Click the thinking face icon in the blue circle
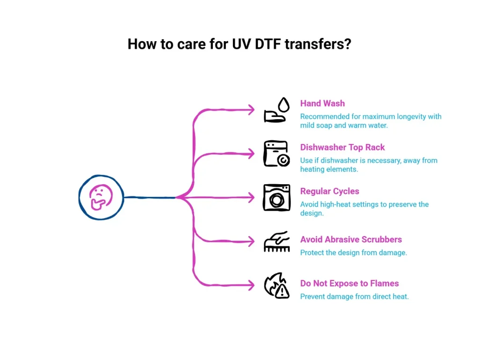pyautogui.click(x=101, y=197)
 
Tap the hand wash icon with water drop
pyautogui.click(x=276, y=110)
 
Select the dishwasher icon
pyautogui.click(x=276, y=154)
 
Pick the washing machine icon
pyautogui.click(x=276, y=197)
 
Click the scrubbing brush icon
pyautogui.click(x=276, y=241)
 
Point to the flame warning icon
pyautogui.click(x=276, y=285)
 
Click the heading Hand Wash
pyautogui.click(x=322, y=103)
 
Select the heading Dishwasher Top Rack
pyautogui.click(x=342, y=147)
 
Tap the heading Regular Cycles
pyautogui.click(x=330, y=191)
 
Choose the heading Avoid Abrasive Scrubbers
pyautogui.click(x=351, y=239)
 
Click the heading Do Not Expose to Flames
pyautogui.click(x=349, y=283)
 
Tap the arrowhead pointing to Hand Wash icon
pyautogui.click(x=251, y=110)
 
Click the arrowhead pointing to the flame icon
pyautogui.click(x=251, y=285)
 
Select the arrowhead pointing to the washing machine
pyautogui.click(x=251, y=198)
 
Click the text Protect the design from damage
pyautogui.click(x=353, y=252)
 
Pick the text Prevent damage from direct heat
pyautogui.click(x=354, y=296)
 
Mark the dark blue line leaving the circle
pyautogui.click(x=150, y=197)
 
